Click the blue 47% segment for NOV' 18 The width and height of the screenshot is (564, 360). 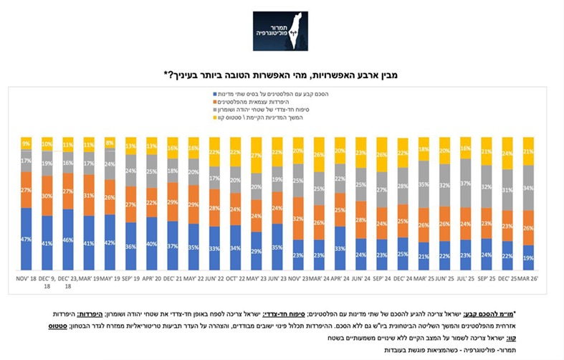click(x=27, y=239)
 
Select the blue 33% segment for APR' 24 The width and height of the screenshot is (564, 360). click(x=340, y=249)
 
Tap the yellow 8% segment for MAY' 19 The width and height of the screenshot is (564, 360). click(x=110, y=143)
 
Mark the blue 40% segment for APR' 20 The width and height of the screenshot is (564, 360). click(x=151, y=243)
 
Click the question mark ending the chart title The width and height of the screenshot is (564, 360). click(x=168, y=73)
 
